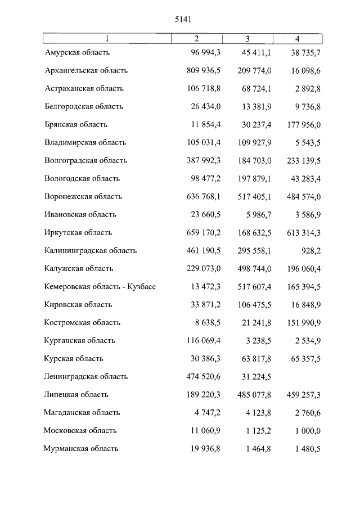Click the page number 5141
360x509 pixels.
tap(184, 19)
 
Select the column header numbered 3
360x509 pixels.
tap(247, 39)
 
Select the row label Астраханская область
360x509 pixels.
tap(84, 88)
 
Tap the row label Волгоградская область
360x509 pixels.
tap(85, 160)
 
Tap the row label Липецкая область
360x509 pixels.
tap(76, 394)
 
